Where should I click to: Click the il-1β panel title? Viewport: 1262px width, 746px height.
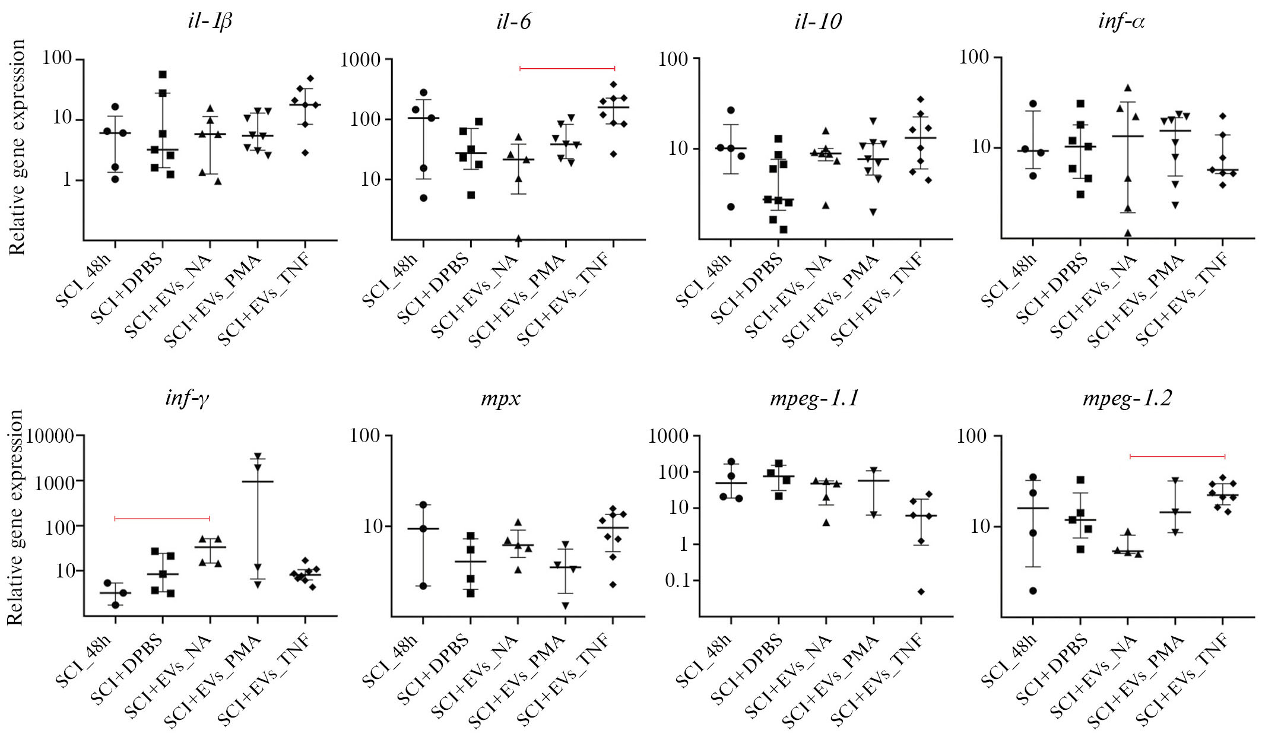click(x=210, y=22)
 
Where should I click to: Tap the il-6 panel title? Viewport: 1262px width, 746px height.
click(x=513, y=22)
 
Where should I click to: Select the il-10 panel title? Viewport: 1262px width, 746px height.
click(x=817, y=22)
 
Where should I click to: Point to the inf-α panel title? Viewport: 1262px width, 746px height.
click(x=1121, y=22)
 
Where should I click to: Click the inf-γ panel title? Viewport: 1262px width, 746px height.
click(x=187, y=398)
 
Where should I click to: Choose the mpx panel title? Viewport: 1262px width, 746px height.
click(x=500, y=398)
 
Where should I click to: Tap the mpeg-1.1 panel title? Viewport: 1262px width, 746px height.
click(x=814, y=398)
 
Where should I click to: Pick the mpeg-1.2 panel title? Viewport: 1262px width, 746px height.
click(x=1127, y=398)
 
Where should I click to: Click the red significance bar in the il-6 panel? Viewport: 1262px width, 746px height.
click(x=567, y=69)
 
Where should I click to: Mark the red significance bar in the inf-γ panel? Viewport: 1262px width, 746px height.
click(x=162, y=519)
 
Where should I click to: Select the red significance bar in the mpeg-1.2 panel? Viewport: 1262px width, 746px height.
click(x=1177, y=456)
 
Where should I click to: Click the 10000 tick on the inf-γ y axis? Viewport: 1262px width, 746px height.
click(x=50, y=436)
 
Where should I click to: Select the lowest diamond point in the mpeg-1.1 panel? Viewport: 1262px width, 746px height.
click(x=921, y=592)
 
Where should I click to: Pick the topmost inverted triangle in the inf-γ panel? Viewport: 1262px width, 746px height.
click(x=258, y=456)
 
